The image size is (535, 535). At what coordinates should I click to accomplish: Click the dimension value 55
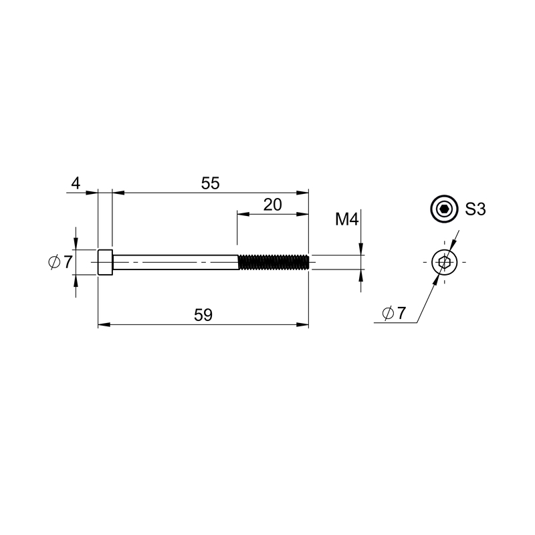coord(210,183)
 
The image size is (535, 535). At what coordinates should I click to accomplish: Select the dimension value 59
coord(203,315)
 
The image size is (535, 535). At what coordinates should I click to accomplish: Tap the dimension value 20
coord(273,205)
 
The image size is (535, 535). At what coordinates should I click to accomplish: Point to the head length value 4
coord(76,183)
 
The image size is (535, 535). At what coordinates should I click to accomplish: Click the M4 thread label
coord(346,219)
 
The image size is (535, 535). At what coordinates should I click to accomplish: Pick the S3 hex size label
coord(475,209)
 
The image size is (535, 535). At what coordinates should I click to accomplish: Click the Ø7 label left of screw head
coord(60,261)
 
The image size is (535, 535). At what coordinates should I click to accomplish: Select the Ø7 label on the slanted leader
coord(394,313)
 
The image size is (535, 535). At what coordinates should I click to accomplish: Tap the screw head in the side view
coord(105,262)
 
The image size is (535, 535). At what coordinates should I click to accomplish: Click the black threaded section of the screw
coord(274,262)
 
